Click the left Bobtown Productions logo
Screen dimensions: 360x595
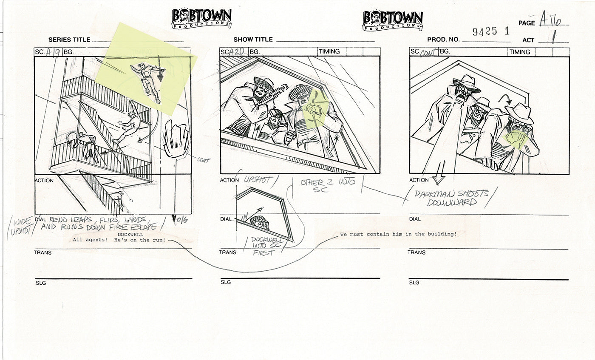coord(201,19)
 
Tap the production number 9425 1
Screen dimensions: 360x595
coord(491,31)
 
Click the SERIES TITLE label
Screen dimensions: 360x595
coord(69,40)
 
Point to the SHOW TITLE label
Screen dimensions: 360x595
coord(253,40)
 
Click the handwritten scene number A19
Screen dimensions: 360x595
coord(53,52)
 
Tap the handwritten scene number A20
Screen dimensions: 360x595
coord(237,52)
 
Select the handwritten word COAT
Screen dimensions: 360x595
coord(204,160)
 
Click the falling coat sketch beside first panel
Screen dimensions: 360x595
coord(176,139)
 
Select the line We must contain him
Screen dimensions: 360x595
coord(398,234)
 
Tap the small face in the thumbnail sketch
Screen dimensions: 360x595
coord(258,222)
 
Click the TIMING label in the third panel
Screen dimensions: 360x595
coord(520,52)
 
